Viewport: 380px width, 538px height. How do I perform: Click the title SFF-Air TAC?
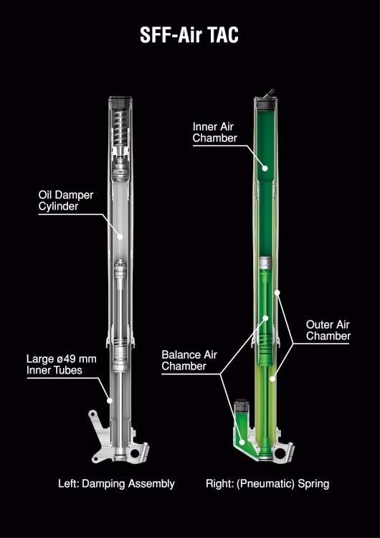click(x=189, y=35)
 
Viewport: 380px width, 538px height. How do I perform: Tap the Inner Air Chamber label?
click(x=214, y=132)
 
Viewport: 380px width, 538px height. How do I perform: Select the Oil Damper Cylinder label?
click(x=65, y=201)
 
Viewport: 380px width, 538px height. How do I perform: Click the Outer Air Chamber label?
click(x=328, y=330)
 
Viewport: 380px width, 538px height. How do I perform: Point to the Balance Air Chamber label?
click(x=189, y=360)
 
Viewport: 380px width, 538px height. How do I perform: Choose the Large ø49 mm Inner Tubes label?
click(x=62, y=364)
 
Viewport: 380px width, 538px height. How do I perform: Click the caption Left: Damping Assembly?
click(x=116, y=483)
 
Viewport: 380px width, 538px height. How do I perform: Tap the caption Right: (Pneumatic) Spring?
click(x=267, y=484)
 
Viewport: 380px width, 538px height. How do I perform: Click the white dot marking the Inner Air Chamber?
click(x=265, y=168)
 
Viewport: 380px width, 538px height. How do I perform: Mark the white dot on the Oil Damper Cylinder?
click(x=120, y=237)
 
